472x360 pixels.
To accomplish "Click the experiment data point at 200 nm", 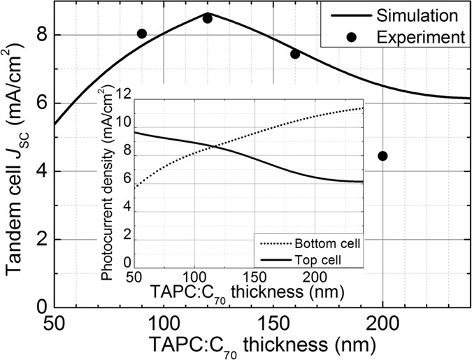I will click(x=382, y=156).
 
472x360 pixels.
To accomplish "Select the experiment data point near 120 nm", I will click(x=208, y=18).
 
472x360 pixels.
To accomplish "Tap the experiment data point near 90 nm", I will click(x=142, y=34).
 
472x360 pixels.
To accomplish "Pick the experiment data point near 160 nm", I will click(x=295, y=54).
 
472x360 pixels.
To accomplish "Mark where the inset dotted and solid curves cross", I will click(x=215, y=145).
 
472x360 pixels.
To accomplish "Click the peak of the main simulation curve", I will click(x=210, y=13).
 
